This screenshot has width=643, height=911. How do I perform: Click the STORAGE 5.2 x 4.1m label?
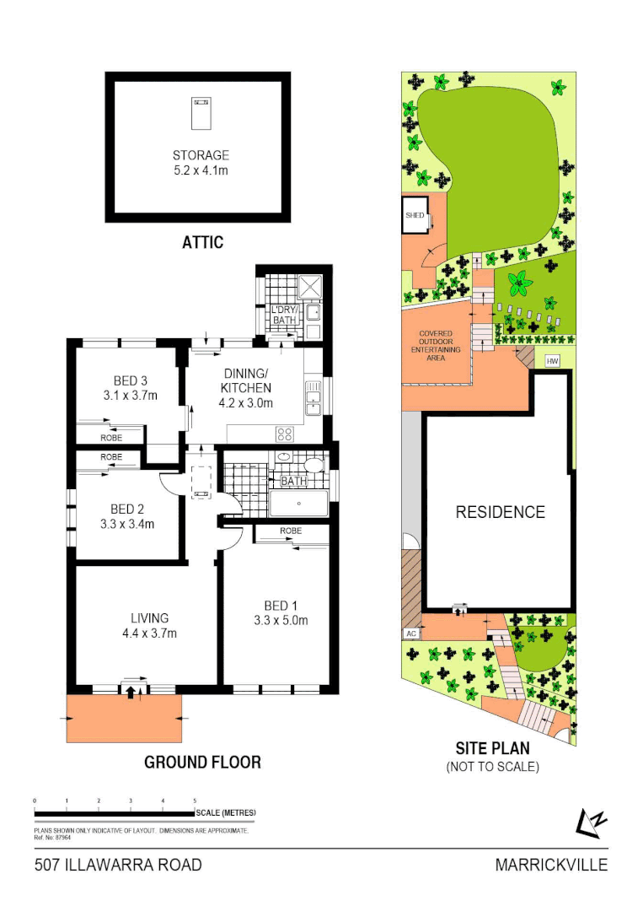[201, 163]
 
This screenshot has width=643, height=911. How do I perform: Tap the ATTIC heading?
[203, 243]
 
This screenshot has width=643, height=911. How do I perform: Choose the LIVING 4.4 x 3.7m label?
[148, 625]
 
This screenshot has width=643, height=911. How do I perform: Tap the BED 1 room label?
[281, 613]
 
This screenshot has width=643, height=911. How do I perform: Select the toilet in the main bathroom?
[313, 465]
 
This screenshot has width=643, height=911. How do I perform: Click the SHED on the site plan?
[415, 215]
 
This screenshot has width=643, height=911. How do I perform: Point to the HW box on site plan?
[553, 361]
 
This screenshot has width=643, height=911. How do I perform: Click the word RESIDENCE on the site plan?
[501, 512]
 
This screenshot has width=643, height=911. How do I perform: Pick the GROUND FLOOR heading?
[202, 762]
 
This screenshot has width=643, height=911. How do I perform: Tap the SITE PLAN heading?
[492, 748]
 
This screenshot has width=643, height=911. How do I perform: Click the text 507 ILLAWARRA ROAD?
[118, 865]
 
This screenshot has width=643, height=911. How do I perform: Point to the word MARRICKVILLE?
[551, 865]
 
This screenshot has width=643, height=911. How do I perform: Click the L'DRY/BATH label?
[282, 315]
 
